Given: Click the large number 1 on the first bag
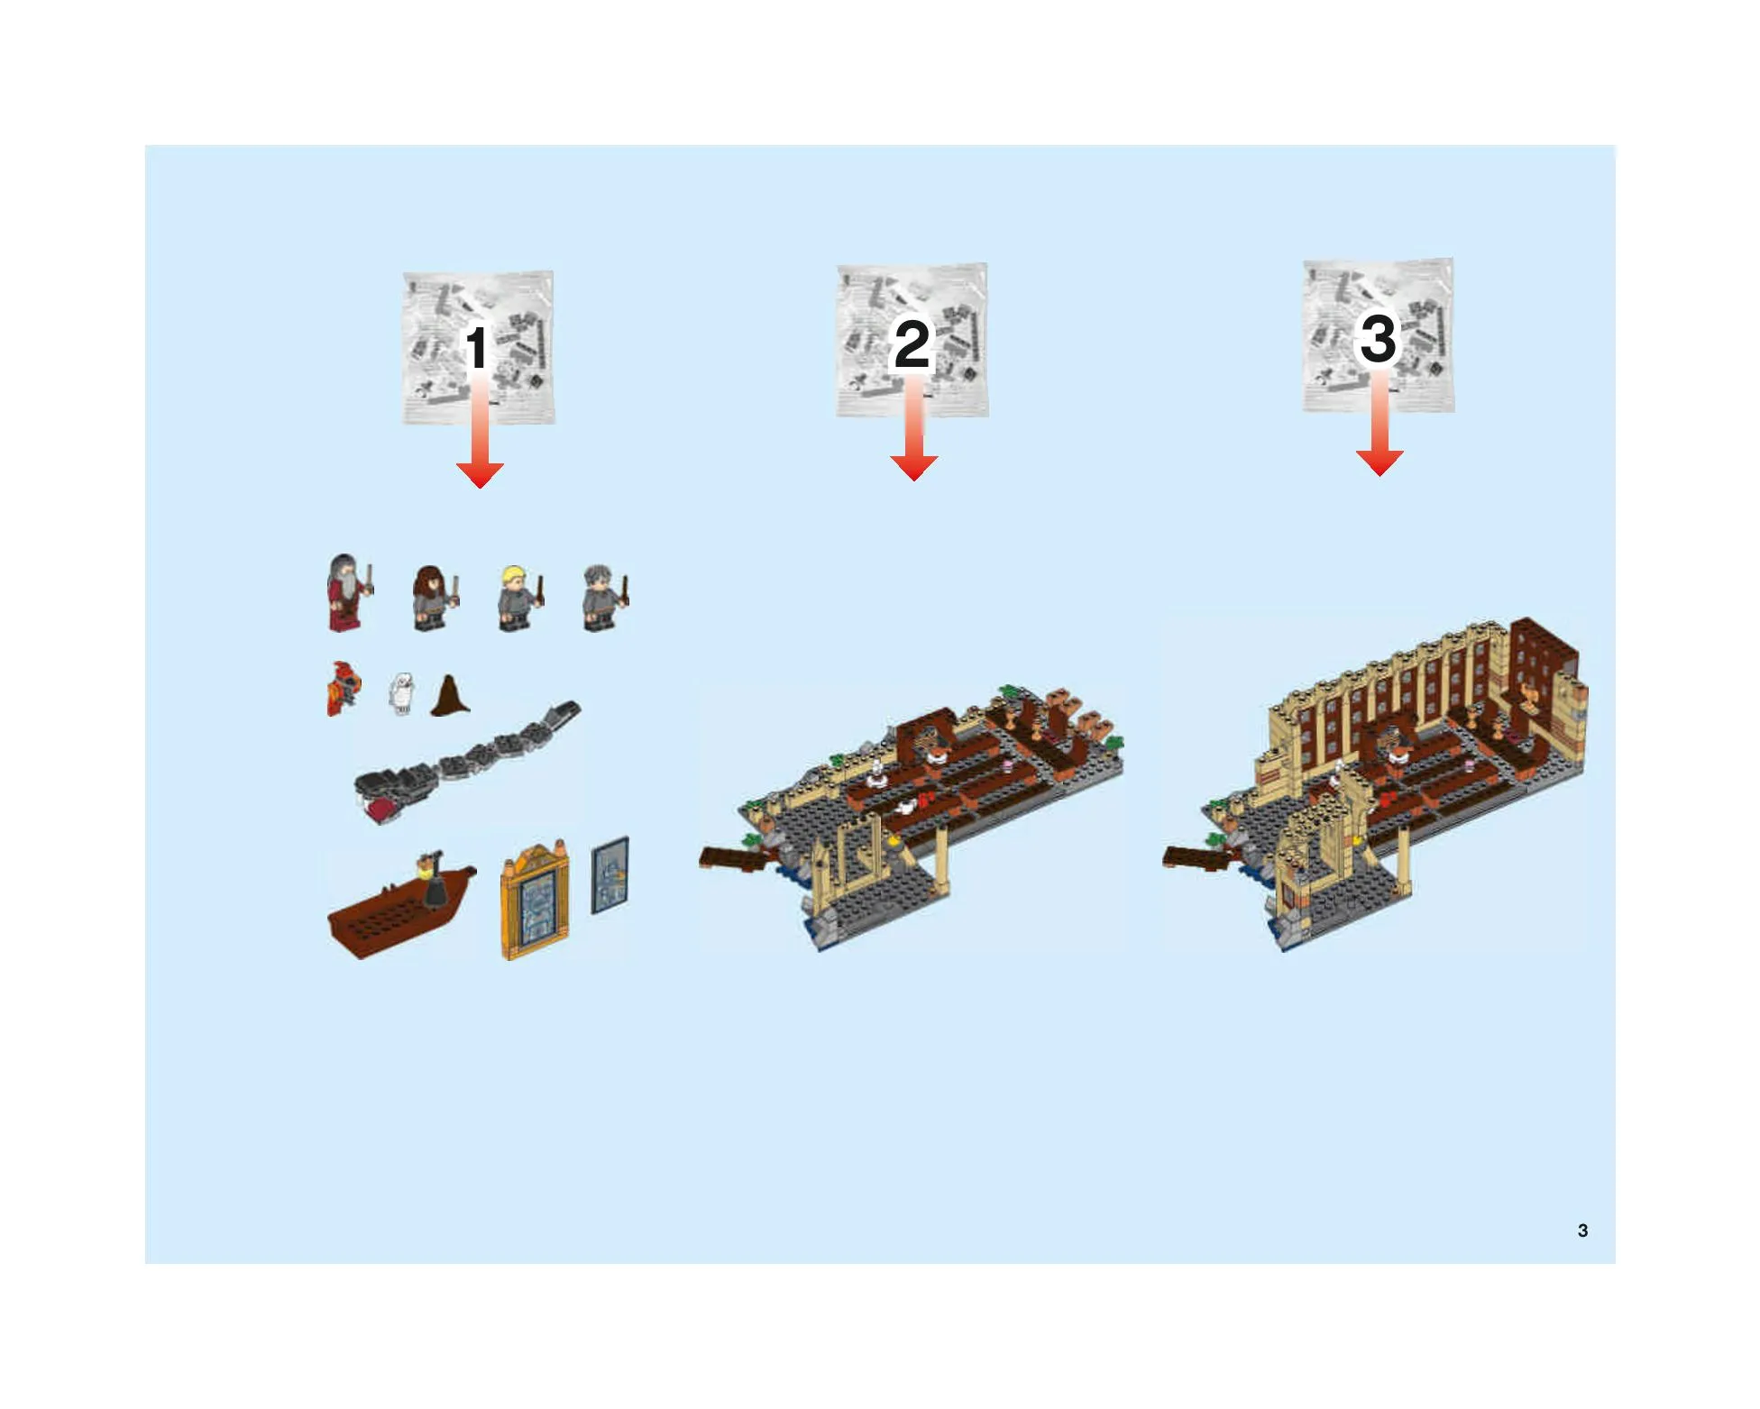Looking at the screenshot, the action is tap(477, 348).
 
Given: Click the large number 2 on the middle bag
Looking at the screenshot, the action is tap(912, 343).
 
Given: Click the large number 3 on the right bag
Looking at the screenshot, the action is tap(1378, 338).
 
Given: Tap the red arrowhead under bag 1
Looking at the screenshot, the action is tap(480, 475).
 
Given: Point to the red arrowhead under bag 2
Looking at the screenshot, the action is tap(913, 468).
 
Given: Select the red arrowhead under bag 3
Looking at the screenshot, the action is tap(1380, 462).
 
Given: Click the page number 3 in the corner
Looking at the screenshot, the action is tap(1582, 1231).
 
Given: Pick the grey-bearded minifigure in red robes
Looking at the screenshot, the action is tap(347, 592).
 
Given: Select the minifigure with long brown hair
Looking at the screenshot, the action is tap(434, 598).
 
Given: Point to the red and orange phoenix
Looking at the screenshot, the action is tap(344, 689).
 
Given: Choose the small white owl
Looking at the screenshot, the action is tap(401, 694).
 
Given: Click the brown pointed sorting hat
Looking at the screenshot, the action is tap(451, 694).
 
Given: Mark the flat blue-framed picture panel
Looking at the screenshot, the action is tap(610, 875).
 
